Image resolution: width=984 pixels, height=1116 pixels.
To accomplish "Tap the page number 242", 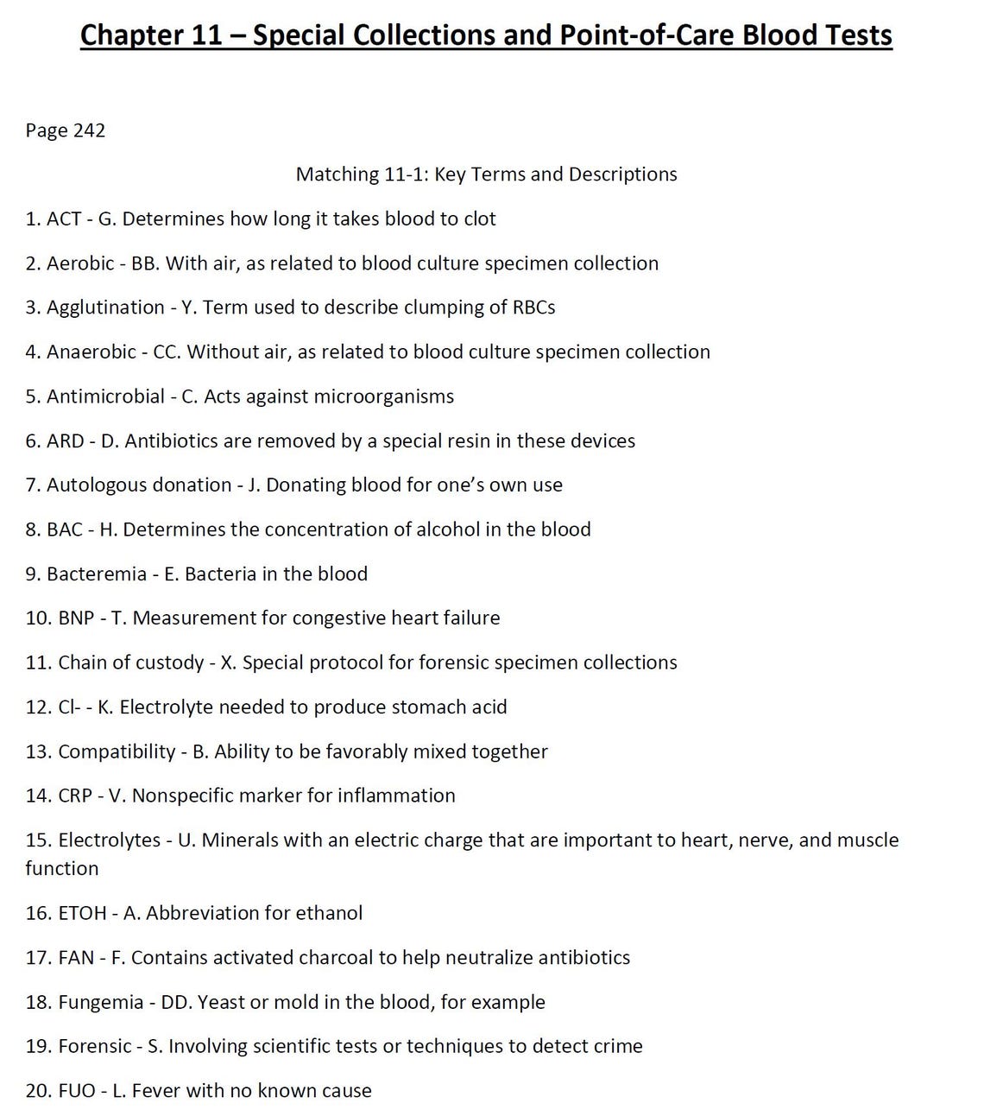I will [89, 130].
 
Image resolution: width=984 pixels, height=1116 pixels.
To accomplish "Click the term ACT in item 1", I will [64, 219].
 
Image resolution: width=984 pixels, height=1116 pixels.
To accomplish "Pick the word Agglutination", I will [105, 308].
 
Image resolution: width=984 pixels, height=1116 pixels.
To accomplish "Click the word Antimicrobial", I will [105, 396].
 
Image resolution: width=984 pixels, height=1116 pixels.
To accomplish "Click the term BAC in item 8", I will [65, 529].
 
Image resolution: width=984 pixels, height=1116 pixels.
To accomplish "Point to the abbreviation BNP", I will [76, 618].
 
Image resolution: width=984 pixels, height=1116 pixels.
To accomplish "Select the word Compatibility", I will [117, 751].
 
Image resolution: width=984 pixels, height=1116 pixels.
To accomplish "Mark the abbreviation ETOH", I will [82, 913].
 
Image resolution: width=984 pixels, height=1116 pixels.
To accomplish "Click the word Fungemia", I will [101, 1003].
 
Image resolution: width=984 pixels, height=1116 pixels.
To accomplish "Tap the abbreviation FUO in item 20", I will [77, 1091].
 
